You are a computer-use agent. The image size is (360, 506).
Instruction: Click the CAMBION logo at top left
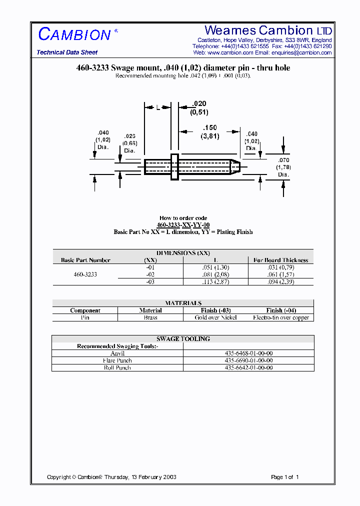(74, 34)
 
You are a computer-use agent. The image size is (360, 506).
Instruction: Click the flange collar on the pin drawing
(174, 167)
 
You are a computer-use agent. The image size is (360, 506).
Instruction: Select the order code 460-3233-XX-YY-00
(184, 225)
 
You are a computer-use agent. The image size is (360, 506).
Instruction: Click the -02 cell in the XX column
(150, 274)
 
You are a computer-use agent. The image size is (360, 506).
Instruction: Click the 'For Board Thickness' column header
(280, 260)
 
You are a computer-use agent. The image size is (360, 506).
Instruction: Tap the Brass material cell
(150, 317)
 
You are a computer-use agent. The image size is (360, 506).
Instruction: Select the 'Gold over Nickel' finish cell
(216, 317)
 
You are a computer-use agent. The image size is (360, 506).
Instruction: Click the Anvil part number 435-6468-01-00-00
(248, 353)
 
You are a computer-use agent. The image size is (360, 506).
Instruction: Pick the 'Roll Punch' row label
(117, 367)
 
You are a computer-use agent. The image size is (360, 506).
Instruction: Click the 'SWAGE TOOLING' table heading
(183, 339)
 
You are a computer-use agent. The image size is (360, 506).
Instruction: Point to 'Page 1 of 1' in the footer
(284, 477)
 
